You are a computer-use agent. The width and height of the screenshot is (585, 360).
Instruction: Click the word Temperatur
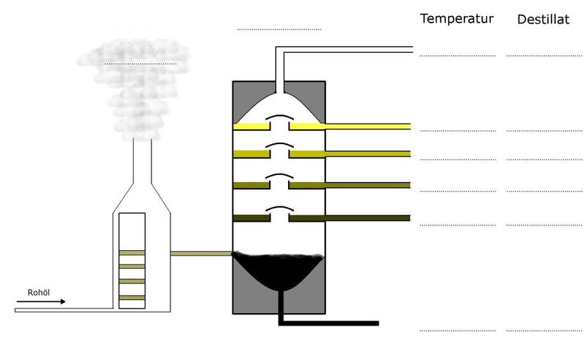(x=457, y=18)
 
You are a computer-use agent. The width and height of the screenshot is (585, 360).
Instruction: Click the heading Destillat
(x=543, y=20)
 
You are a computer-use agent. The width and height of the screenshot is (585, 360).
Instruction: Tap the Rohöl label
(x=37, y=290)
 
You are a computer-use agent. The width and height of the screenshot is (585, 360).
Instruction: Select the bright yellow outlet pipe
(x=366, y=127)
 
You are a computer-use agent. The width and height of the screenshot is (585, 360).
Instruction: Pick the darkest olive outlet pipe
(x=366, y=218)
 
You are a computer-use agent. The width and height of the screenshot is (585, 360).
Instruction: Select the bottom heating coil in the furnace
(x=132, y=296)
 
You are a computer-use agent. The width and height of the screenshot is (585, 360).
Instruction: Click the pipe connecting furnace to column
(x=201, y=254)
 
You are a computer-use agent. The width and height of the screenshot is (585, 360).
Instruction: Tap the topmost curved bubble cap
(x=279, y=118)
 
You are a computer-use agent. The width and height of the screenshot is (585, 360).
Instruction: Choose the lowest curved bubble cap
(x=279, y=210)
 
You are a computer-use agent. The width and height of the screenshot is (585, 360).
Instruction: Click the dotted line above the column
(x=279, y=30)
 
